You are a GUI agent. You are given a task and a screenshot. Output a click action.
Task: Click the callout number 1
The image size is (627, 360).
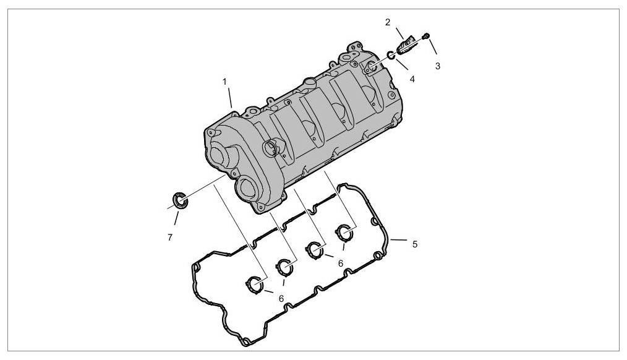tap(224, 82)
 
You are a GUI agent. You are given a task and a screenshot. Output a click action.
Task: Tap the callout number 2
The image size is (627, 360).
tap(388, 22)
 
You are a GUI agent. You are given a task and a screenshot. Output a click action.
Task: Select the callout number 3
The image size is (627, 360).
tap(437, 66)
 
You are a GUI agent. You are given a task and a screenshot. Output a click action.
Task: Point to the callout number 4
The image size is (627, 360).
tap(412, 79)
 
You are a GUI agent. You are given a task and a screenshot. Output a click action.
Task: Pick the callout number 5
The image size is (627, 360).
tap(415, 244)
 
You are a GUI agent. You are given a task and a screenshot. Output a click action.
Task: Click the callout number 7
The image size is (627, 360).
tap(170, 238)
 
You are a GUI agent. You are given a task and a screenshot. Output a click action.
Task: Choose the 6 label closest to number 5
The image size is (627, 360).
tap(340, 264)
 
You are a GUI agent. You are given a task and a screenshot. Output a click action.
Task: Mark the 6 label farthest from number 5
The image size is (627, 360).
tap(281, 298)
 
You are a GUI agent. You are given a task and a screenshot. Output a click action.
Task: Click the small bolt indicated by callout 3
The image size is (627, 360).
tap(426, 36)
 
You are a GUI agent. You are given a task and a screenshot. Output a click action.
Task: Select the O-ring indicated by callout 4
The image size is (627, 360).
tap(391, 55)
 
